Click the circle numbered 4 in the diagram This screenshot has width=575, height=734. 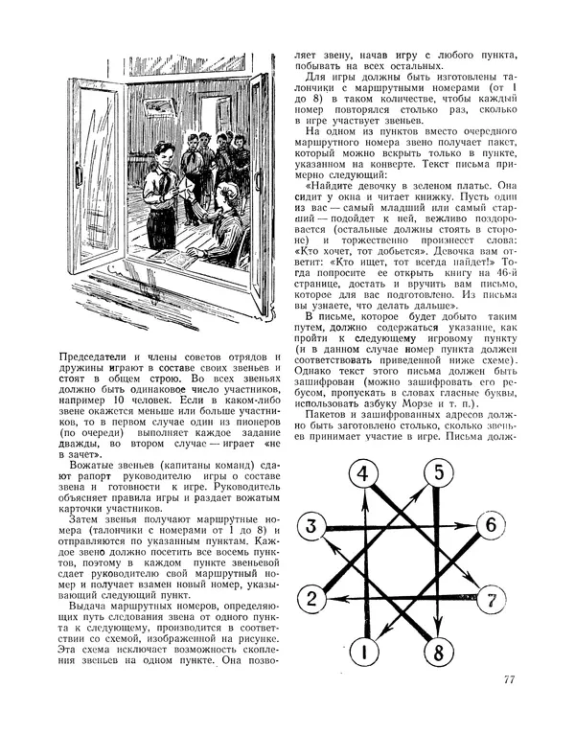point(362,473)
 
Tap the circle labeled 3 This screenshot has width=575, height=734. point(311,525)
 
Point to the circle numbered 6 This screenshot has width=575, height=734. point(489,525)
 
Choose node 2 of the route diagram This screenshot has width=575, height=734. point(311,601)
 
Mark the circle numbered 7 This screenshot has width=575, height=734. point(490,601)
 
